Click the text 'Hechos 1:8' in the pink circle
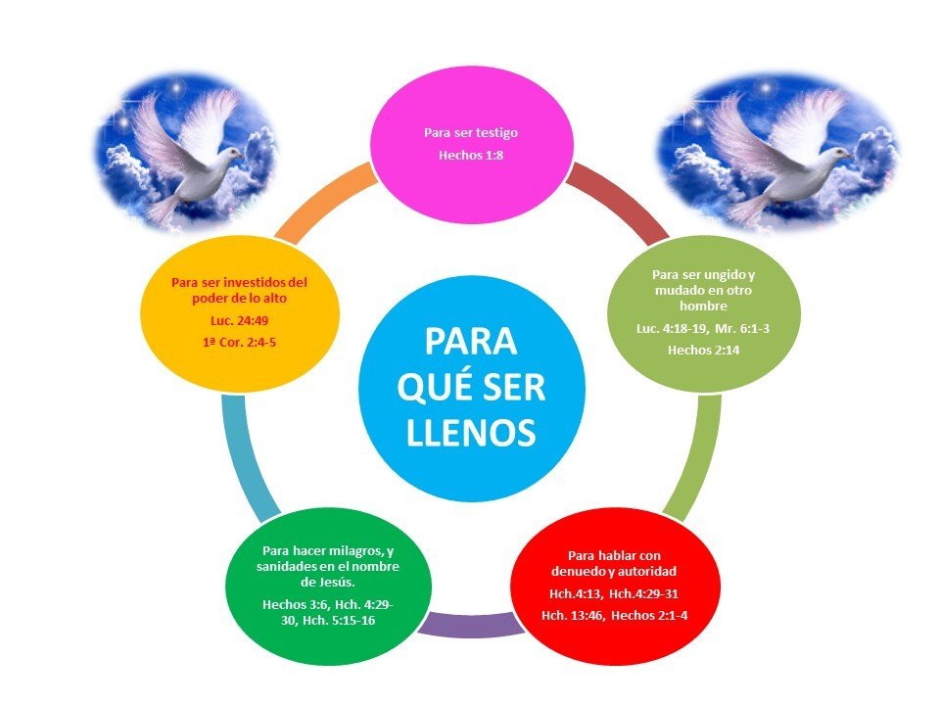470,154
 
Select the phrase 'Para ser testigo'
470,131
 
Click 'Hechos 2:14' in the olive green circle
703,349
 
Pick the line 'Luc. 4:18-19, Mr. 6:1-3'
703,328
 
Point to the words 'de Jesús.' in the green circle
327,584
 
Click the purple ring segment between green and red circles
468,623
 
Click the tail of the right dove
749,209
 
